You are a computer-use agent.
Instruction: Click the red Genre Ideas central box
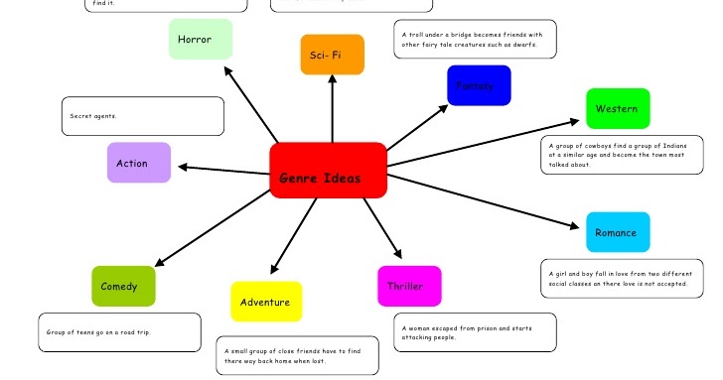pyautogui.click(x=328, y=171)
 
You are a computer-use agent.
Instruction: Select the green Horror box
pyautogui.click(x=201, y=39)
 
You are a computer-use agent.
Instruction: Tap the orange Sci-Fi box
pyautogui.click(x=332, y=55)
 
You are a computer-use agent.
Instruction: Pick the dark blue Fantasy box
pyautogui.click(x=479, y=85)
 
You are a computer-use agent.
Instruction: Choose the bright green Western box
pyautogui.click(x=617, y=108)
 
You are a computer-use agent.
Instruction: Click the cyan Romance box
pyautogui.click(x=617, y=232)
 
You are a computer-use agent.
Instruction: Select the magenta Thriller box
pyautogui.click(x=409, y=287)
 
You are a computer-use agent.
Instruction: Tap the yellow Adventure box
pyautogui.click(x=266, y=302)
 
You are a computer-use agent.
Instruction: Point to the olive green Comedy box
pyautogui.click(x=123, y=286)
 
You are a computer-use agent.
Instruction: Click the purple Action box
pyautogui.click(x=139, y=163)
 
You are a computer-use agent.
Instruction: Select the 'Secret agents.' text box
pyautogui.click(x=142, y=116)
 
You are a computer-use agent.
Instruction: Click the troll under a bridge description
pyautogui.click(x=474, y=39)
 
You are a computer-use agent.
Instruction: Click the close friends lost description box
pyautogui.click(x=297, y=355)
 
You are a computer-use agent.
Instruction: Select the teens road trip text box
pyautogui.click(x=119, y=332)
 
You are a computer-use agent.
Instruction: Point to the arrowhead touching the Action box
pyautogui.click(x=181, y=167)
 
